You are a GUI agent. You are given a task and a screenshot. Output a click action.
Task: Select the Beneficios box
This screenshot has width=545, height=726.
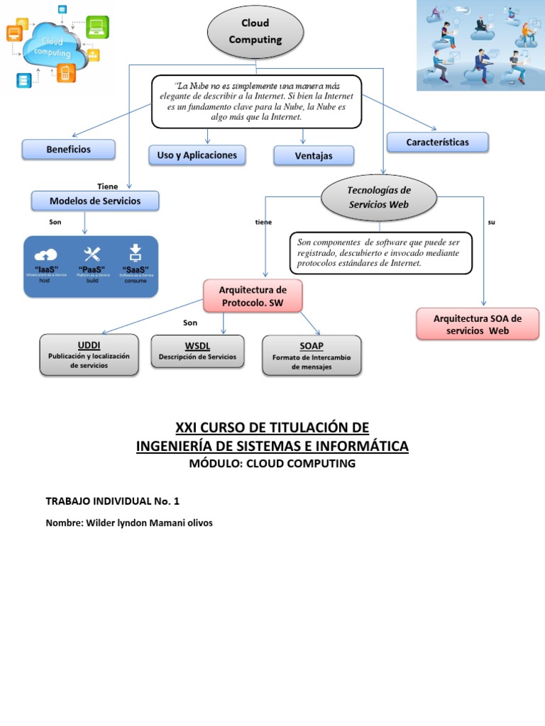point(68,150)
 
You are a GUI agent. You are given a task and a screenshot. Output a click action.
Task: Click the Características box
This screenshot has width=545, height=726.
point(437,143)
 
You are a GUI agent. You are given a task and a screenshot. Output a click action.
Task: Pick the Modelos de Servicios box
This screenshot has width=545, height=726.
point(95,201)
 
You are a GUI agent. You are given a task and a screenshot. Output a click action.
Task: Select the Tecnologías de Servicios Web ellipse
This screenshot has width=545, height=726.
point(379,198)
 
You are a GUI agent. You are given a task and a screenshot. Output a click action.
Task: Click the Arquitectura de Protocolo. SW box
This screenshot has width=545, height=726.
point(253,296)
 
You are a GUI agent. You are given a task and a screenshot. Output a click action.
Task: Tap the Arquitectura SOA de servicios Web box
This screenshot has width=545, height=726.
point(477,324)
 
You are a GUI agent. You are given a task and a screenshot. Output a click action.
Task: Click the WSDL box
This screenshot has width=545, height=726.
point(197,351)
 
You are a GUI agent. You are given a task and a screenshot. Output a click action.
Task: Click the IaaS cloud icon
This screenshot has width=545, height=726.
point(46,255)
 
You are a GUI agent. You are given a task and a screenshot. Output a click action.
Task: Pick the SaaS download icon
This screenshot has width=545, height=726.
point(136,252)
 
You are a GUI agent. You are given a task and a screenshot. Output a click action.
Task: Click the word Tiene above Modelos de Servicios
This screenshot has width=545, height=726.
point(108,186)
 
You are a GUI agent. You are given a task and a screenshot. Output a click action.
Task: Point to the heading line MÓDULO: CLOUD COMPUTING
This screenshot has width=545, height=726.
point(272,464)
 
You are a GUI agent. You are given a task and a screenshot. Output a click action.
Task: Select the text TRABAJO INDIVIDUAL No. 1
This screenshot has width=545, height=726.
point(112,501)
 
